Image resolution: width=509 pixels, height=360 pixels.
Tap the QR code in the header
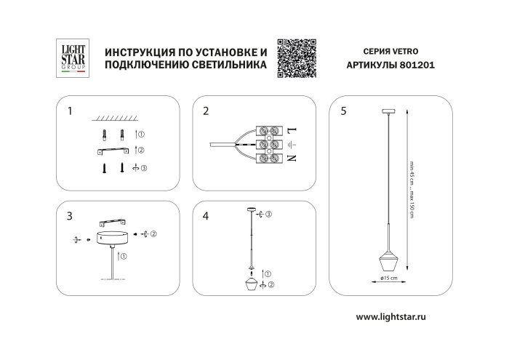tap(297, 57)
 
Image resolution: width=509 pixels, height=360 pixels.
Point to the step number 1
tap(70, 112)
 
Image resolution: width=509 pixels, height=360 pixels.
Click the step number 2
tap(207, 112)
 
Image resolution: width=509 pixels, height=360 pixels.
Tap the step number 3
tap(70, 216)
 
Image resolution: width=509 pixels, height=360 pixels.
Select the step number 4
tap(207, 216)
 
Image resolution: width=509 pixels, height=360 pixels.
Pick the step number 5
tap(343, 112)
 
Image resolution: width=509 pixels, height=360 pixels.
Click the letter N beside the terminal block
tap(292, 158)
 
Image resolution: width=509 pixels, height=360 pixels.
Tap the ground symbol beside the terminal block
tap(292, 144)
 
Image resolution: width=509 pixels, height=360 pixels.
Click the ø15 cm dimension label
tap(388, 278)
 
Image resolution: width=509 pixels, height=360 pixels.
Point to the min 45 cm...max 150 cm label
tap(412, 185)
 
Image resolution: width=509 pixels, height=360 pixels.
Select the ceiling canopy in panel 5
tap(388, 110)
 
